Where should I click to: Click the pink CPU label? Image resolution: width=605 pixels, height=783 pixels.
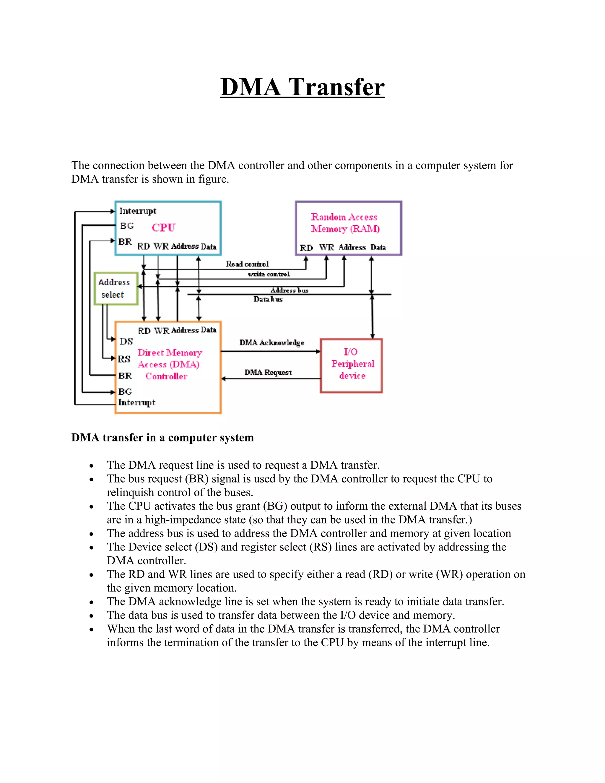tap(163, 227)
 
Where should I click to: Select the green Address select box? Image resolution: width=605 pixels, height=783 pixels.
tap(116, 289)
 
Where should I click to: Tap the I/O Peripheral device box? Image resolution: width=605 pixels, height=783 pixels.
tap(351, 365)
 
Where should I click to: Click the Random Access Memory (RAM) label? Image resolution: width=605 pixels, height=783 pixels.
tap(345, 223)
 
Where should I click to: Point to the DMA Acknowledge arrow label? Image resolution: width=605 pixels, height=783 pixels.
tap(272, 343)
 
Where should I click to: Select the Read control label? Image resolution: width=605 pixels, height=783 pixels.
tap(247, 264)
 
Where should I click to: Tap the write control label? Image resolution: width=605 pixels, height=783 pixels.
tap(269, 274)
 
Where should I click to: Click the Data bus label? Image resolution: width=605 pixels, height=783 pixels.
tap(268, 299)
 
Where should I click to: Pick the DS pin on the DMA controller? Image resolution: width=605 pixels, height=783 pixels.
tap(126, 341)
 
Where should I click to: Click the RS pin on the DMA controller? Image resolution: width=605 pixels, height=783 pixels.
tap(124, 359)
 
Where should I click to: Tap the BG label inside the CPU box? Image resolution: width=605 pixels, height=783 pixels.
tap(127, 226)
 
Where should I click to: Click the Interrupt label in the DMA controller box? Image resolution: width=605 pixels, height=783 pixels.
tap(136, 402)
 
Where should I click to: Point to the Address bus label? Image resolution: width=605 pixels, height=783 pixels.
tap(289, 290)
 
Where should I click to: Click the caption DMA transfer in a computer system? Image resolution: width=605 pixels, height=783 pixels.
tap(162, 438)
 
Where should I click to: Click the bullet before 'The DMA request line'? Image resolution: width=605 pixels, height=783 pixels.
tap(92, 466)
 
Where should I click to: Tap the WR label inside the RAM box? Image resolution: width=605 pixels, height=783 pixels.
tap(326, 247)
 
